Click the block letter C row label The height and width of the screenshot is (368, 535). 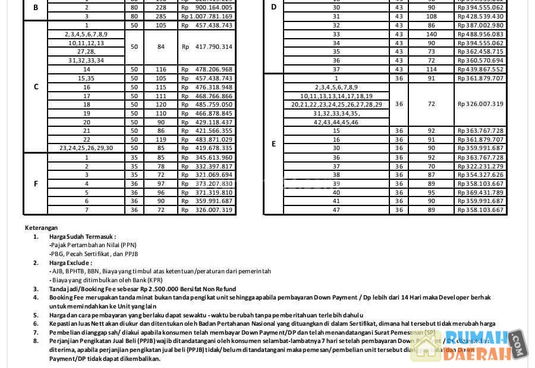36,87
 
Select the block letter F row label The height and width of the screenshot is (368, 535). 36,184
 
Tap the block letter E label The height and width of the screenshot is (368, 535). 273,144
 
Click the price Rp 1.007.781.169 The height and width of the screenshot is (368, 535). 207,17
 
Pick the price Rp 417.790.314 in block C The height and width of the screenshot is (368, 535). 207,47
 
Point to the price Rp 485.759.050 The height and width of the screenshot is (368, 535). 207,104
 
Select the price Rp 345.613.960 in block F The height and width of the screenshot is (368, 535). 207,158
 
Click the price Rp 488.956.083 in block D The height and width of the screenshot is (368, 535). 480,35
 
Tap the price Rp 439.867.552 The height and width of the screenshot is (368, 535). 480,70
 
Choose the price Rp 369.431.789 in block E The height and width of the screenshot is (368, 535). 480,192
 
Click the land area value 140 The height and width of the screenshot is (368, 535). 432,35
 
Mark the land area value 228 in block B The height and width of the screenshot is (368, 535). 160,8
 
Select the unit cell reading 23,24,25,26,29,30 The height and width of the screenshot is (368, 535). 86,148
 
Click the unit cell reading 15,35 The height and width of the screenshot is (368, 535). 86,79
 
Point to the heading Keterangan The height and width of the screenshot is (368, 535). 42,227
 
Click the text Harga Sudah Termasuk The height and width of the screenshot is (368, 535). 83,236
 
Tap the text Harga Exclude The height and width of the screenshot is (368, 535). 71,263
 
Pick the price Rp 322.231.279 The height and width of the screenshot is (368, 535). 480,167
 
